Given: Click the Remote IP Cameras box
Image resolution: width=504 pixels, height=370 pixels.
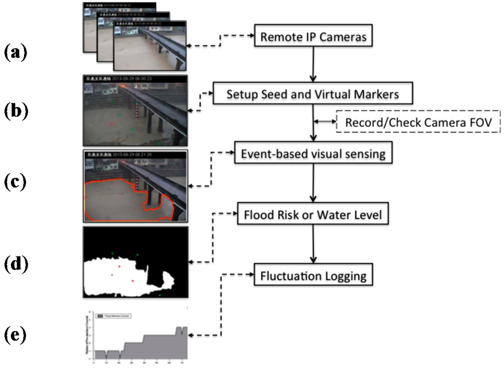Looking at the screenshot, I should tap(313, 36).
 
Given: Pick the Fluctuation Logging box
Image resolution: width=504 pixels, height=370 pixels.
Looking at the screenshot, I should tap(313, 275).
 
